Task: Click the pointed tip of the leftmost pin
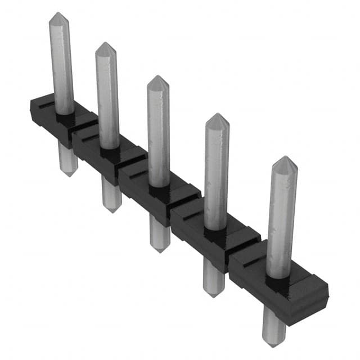coord(58,16)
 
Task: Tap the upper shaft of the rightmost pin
coord(281,219)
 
